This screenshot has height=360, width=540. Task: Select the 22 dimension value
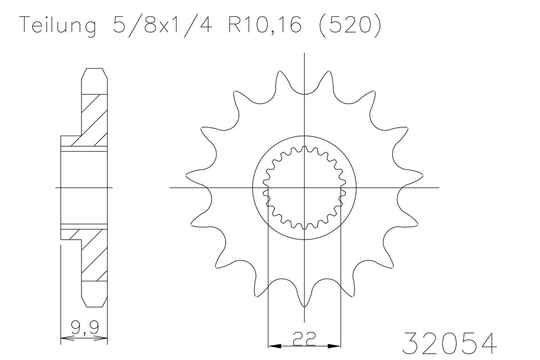pos(304,337)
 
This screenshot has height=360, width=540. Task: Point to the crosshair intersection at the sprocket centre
pos(304,187)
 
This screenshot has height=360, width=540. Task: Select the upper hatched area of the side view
pos(94,118)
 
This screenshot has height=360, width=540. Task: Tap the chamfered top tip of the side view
pos(94,71)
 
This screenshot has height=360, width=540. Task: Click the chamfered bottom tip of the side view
pos(94,304)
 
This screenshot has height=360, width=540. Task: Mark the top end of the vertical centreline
pos(304,53)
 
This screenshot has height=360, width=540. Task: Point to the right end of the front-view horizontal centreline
pos(439,187)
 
